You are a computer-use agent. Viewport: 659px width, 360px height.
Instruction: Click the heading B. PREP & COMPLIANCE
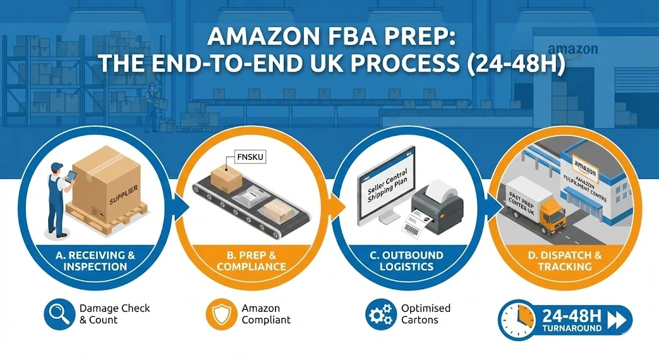(250, 261)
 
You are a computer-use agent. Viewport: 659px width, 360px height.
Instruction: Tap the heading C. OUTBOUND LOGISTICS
(406, 261)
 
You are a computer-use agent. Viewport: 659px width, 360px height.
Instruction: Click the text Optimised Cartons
(425, 314)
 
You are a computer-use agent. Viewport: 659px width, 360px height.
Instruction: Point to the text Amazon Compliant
(266, 314)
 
